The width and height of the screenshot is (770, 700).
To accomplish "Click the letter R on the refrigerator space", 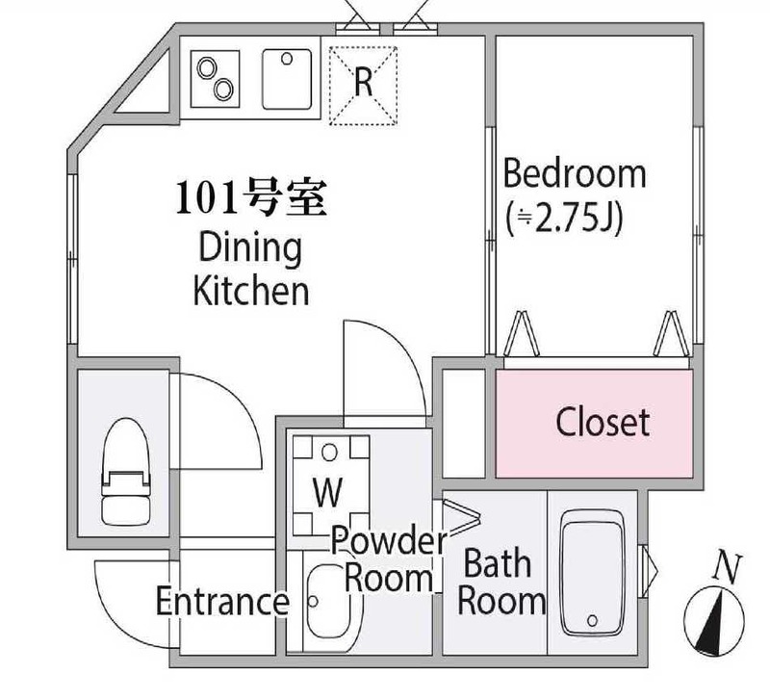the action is [x=363, y=82].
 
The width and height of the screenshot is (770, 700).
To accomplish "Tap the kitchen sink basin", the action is [x=287, y=79].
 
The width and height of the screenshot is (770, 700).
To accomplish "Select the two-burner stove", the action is [x=215, y=79].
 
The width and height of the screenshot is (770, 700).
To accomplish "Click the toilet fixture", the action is [x=124, y=471].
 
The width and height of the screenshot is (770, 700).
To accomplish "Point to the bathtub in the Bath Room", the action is [x=593, y=573].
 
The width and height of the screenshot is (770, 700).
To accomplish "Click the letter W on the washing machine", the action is [x=328, y=492].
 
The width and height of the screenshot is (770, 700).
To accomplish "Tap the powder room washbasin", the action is [x=328, y=602].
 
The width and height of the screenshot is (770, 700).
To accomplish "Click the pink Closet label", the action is [x=603, y=423].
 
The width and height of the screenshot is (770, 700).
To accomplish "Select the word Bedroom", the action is [x=575, y=173].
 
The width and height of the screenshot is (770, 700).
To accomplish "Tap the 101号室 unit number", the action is [x=251, y=198].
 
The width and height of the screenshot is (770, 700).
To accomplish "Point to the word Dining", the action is [x=250, y=247].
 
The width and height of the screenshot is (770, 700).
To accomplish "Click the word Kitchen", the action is [x=251, y=291].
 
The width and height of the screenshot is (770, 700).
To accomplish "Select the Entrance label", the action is [x=222, y=601].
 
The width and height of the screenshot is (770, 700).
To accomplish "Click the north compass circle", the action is [x=714, y=621].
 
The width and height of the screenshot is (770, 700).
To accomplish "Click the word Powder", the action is [x=389, y=540].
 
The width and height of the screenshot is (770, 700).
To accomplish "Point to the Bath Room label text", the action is [x=500, y=583].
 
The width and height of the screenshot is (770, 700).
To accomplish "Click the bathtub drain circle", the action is [x=592, y=620].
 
